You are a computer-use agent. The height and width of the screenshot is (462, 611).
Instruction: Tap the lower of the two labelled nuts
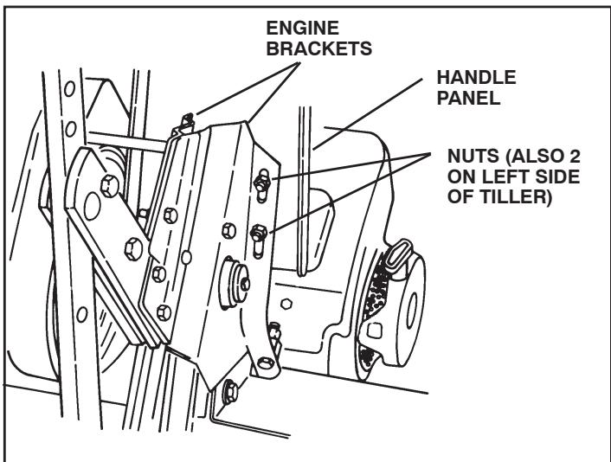pos(257,233)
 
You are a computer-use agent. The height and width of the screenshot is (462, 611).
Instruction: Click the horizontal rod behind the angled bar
pos(125,138)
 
